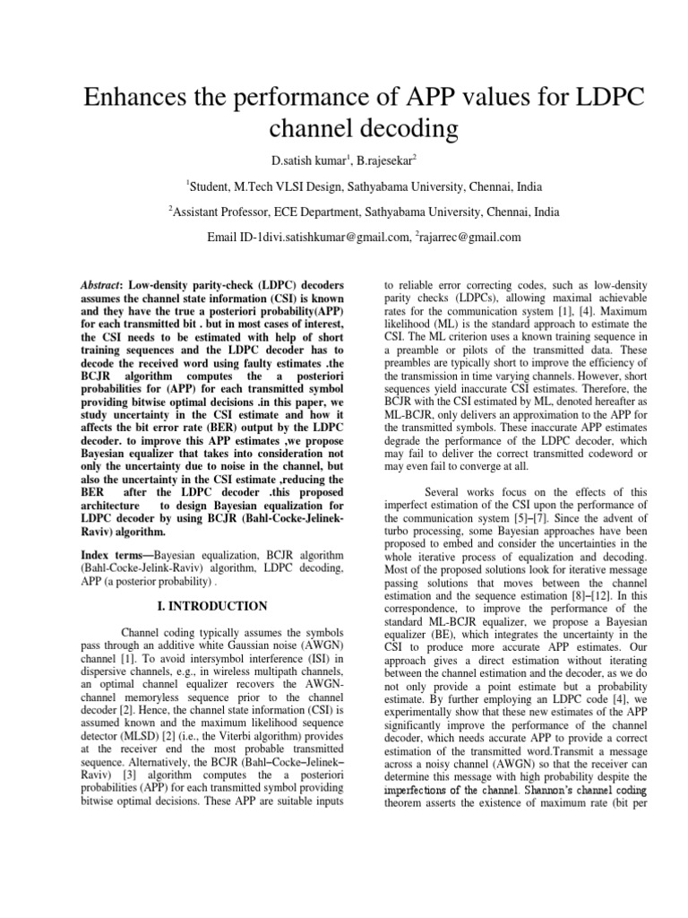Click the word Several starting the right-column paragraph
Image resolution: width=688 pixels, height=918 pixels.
pyautogui.click(x=444, y=491)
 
